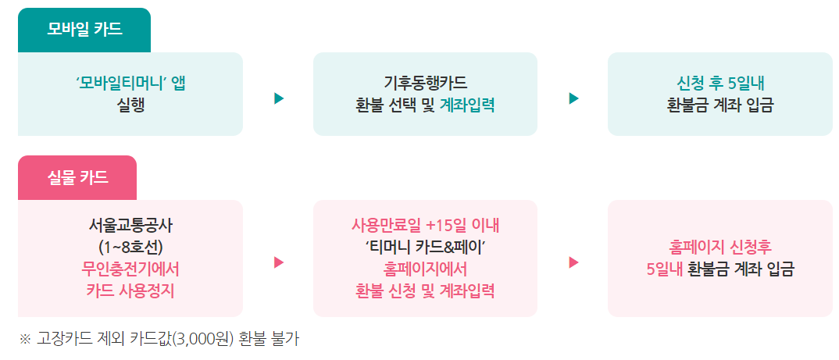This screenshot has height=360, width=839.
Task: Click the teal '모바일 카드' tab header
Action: click(x=84, y=30)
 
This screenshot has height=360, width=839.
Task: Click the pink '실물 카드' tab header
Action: click(x=77, y=178)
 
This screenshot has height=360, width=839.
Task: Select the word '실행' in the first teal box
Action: click(x=130, y=105)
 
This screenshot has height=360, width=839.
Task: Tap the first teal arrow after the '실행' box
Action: click(x=279, y=98)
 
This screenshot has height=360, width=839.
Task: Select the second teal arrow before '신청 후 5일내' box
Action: click(x=574, y=98)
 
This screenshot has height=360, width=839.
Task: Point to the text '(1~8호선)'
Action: click(x=130, y=249)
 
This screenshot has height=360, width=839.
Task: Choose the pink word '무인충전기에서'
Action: click(x=130, y=270)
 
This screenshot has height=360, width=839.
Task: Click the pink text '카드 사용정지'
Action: click(x=130, y=291)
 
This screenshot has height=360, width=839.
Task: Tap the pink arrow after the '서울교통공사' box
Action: click(x=279, y=262)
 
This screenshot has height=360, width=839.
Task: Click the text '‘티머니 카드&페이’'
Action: click(x=425, y=249)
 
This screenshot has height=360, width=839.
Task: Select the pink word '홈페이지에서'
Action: click(x=425, y=270)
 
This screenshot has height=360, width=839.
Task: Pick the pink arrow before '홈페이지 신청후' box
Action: click(x=574, y=262)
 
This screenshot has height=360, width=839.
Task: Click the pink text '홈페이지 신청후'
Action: click(x=719, y=249)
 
